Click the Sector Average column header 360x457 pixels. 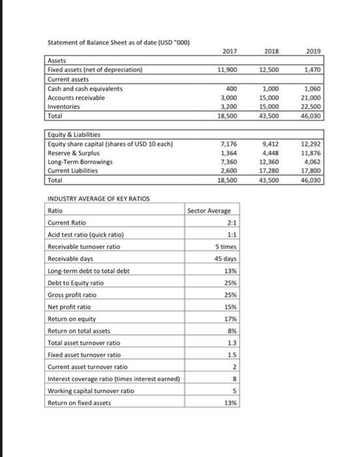pos(206,211)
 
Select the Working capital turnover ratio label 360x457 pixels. pos(85,390)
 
